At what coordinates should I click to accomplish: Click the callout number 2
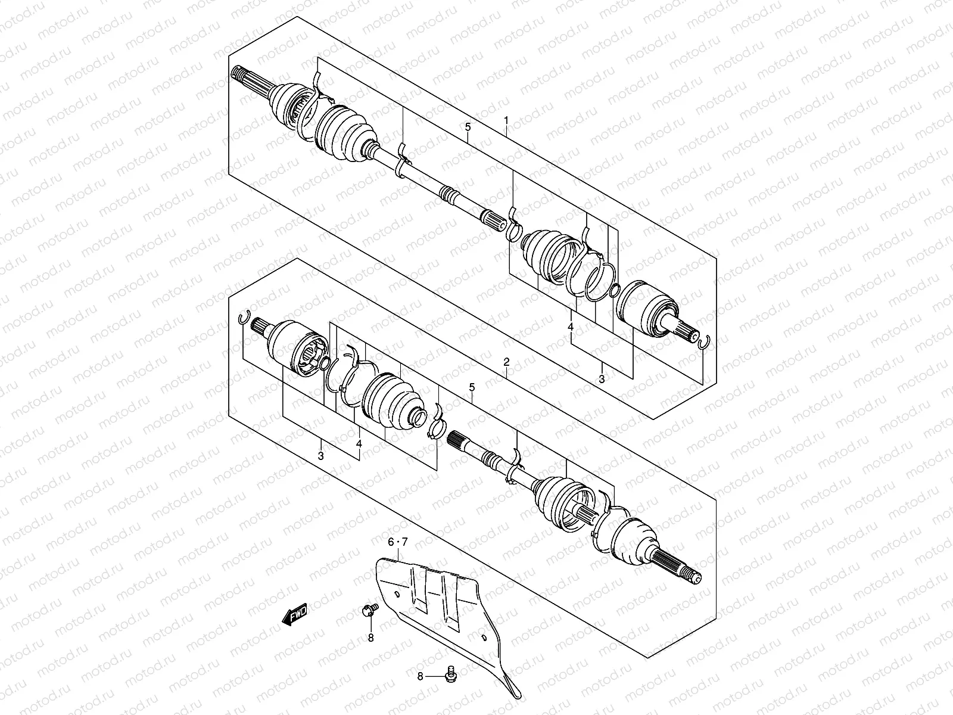click(506, 362)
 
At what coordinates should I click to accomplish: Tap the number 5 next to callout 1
click(468, 127)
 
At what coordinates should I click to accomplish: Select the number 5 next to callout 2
click(472, 387)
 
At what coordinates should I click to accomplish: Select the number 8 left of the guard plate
click(370, 638)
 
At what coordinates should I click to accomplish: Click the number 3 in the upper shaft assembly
click(602, 378)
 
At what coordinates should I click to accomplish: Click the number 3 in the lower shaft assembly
click(320, 456)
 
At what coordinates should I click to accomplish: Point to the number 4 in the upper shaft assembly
click(571, 327)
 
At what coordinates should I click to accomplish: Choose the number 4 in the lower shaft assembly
click(359, 444)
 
